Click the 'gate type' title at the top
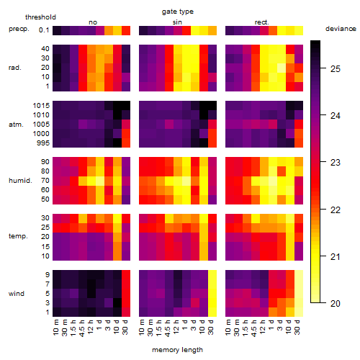178,12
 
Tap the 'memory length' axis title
177,350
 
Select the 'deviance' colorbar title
341,29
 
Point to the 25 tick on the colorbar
323,68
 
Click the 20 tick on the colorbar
323,303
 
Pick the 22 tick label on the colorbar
336,210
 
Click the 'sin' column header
177,22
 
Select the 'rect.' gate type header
261,22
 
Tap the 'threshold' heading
40,17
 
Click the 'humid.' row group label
20,181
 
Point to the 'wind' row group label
17,294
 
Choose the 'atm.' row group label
16,125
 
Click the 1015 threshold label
41,105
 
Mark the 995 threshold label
43,143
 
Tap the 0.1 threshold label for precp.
44,30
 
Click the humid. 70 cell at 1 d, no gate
100,181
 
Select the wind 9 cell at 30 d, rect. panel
299,274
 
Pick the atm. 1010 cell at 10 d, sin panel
204,115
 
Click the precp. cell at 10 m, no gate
57,30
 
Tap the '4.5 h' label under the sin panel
168,328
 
